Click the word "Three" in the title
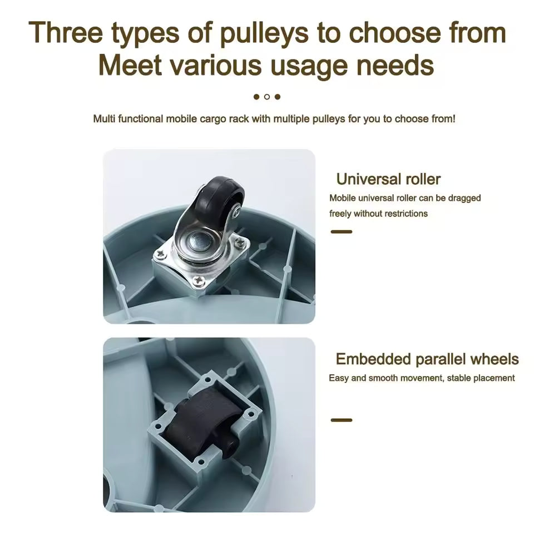pos(66,32)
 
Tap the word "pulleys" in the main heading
pos(264,34)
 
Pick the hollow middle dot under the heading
pos(267,97)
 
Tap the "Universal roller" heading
pos(388,179)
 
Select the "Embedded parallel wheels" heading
pos(427,359)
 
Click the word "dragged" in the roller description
pos(464,198)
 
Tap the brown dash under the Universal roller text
pos(341,232)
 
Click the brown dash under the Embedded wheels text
pos(341,421)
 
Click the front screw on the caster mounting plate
pos(198,280)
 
